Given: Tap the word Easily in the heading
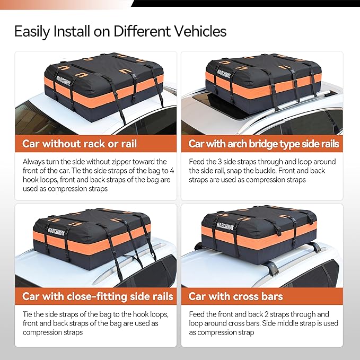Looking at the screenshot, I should (x=33, y=31).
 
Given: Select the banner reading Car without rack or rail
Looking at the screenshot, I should (x=80, y=144).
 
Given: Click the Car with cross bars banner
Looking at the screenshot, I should (x=235, y=296).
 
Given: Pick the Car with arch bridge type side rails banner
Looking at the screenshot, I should (x=264, y=144).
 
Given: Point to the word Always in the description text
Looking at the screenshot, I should (x=34, y=161).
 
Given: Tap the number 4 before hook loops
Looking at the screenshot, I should (x=165, y=170).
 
